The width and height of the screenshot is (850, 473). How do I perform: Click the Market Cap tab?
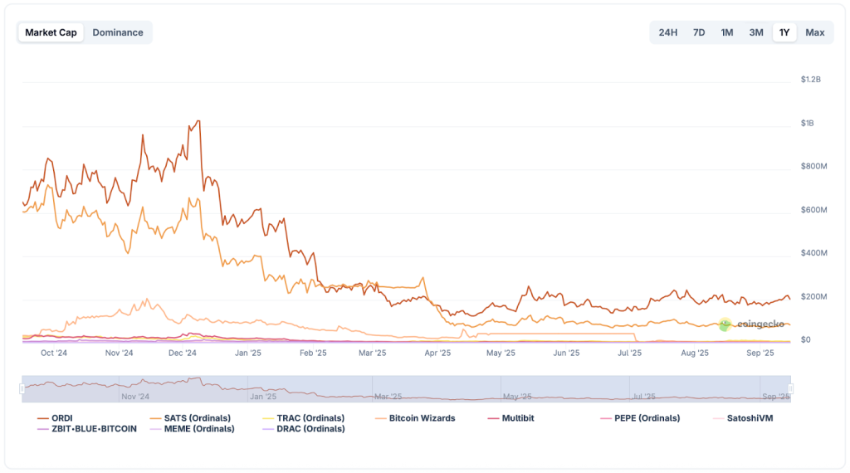coord(51,32)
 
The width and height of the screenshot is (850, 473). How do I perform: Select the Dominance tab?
coord(118,32)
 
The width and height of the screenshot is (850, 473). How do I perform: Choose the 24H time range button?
coord(667,32)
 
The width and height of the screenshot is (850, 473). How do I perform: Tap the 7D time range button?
coord(699,32)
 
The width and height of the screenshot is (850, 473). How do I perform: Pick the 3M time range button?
coord(756,32)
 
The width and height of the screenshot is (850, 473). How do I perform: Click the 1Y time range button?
coord(784,32)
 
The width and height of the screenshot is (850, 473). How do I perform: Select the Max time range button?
coord(815,32)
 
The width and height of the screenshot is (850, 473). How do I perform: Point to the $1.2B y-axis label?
coord(810,80)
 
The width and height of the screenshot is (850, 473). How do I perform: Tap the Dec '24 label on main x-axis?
coord(182,353)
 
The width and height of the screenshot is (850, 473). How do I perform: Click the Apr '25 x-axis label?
coord(437,353)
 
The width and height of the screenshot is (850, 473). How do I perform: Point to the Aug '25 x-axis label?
coord(695,353)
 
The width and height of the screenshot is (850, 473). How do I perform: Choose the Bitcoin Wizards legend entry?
coord(422,418)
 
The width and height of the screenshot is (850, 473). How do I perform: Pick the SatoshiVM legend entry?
coord(749,418)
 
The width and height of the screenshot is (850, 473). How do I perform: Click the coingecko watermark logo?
coord(751,324)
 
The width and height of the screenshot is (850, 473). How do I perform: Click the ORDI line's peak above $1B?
coord(198,121)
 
